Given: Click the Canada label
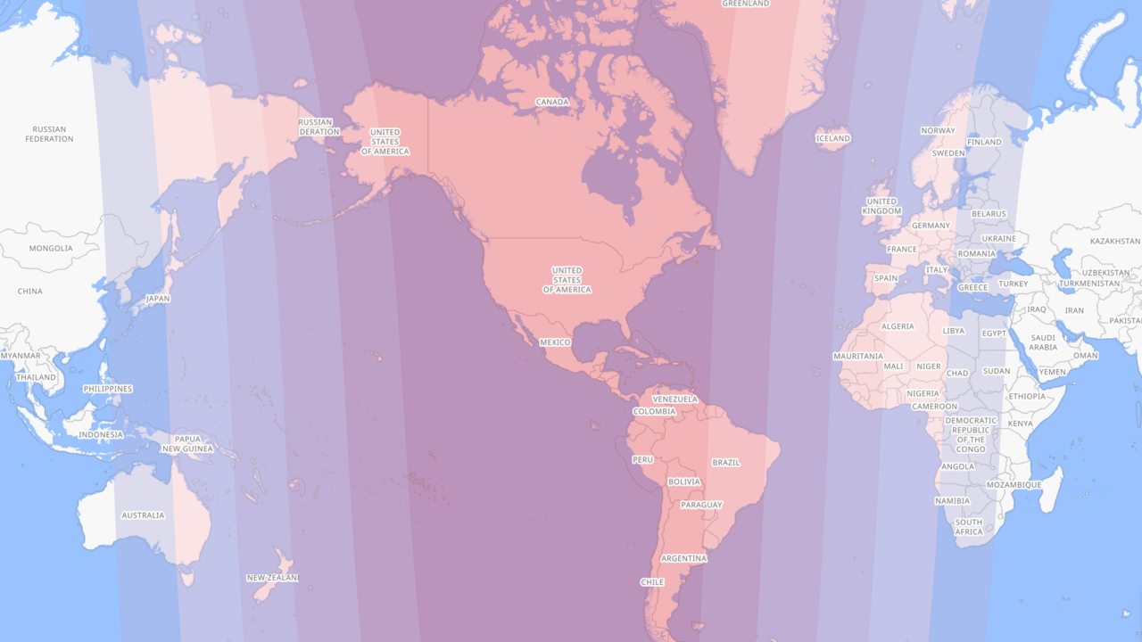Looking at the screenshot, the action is (552, 102).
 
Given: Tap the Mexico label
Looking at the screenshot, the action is (555, 342).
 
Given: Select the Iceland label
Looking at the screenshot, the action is (832, 138).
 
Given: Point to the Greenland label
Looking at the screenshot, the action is (745, 4).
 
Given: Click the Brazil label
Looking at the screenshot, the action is (725, 462).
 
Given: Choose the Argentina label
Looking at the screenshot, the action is (683, 558).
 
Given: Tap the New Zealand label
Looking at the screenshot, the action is (272, 578).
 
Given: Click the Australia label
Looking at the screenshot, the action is (143, 514).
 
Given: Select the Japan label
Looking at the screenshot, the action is (157, 299).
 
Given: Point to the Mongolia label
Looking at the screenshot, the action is (51, 248).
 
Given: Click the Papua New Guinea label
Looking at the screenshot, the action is (187, 443).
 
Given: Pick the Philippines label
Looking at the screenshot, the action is (107, 389).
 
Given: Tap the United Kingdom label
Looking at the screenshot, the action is (881, 206).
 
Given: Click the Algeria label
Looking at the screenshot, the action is (898, 326).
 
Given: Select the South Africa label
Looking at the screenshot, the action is (969, 527).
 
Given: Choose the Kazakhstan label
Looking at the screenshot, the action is (1114, 241).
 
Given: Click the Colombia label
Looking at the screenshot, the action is (654, 411).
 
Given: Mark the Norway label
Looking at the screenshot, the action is (938, 130).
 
